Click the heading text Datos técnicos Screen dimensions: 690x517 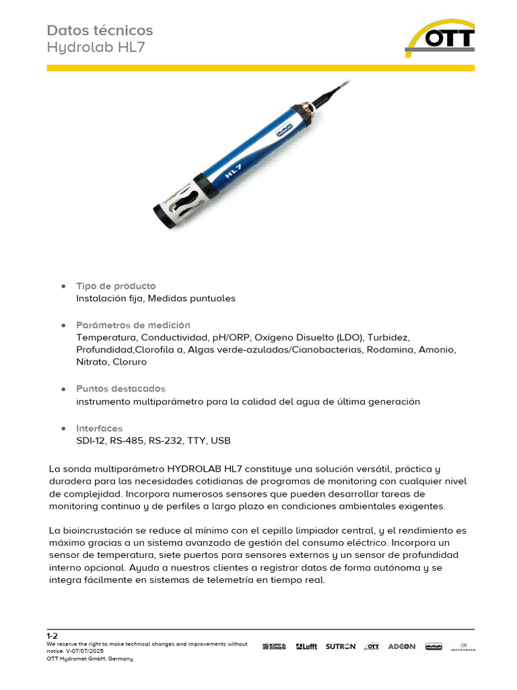tap(100, 30)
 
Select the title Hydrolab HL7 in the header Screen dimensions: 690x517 tap(96, 48)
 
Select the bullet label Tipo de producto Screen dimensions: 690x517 tap(116, 286)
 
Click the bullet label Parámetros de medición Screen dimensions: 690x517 tap(133, 325)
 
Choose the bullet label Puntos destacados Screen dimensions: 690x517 tap(120, 389)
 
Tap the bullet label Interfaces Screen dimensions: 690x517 tap(100, 429)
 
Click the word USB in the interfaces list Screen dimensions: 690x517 tap(220, 441)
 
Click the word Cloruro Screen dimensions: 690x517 tap(129, 362)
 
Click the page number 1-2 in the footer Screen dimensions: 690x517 tap(52, 635)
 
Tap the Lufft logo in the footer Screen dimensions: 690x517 tap(306, 646)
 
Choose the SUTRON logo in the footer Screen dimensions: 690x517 tap(340, 646)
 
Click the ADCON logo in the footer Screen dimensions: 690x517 tap(402, 646)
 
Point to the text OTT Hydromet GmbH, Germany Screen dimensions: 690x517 tap(90, 658)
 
